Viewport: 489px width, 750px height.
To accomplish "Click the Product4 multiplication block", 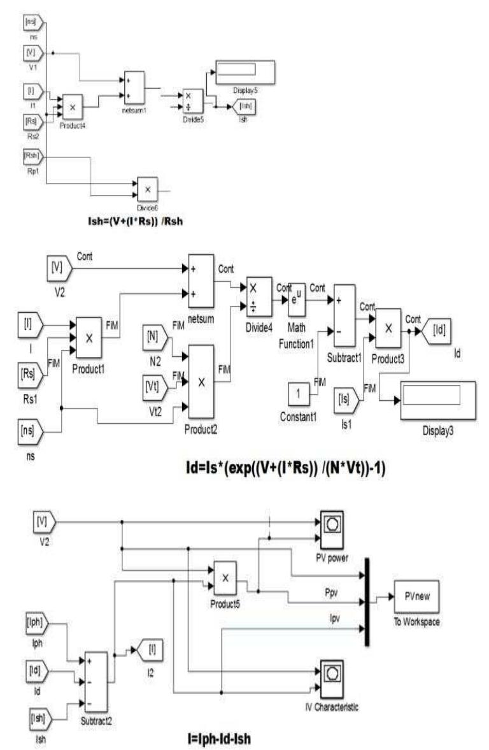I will (72, 106).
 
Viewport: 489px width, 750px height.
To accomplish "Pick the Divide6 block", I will (148, 189).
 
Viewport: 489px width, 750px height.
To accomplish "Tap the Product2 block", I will (201, 382).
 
